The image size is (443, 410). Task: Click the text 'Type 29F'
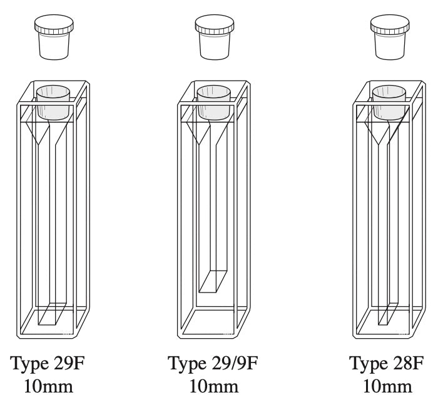(48, 364)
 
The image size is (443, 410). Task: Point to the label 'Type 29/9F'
(214, 364)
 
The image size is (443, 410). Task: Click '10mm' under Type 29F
(48, 386)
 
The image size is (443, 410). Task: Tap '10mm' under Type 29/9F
(214, 386)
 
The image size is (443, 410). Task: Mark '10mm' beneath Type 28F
(389, 386)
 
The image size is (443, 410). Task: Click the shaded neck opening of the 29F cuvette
(53, 104)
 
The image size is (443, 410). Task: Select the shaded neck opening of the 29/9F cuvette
(215, 104)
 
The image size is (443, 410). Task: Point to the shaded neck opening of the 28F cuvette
(390, 104)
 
